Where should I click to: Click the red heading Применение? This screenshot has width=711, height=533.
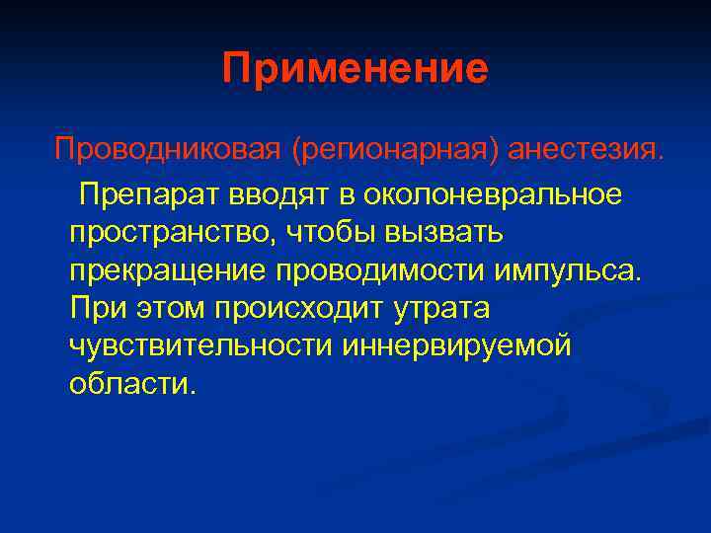tap(355, 69)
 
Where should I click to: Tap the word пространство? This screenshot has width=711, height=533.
tap(174, 233)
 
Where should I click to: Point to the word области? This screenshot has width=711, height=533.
tap(132, 383)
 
